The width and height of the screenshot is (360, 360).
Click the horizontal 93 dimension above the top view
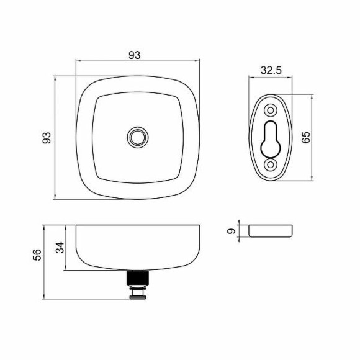click(x=135, y=55)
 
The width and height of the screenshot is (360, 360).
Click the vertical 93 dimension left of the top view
click(x=46, y=138)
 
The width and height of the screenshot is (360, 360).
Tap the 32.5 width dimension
click(x=271, y=71)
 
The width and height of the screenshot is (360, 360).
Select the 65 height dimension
click(x=305, y=138)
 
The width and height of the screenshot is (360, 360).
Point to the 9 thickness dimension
click(x=232, y=232)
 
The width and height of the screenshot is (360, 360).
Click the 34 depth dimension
click(x=60, y=248)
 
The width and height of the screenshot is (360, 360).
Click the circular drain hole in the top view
click(x=137, y=137)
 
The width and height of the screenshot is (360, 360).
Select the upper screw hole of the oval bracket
click(x=271, y=110)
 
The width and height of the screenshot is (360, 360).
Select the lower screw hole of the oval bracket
click(x=271, y=165)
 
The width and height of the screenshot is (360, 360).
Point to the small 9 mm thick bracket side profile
click(x=271, y=232)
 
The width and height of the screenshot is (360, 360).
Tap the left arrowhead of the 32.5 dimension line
click(x=251, y=78)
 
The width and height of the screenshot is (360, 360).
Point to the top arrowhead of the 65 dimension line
click(x=310, y=96)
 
